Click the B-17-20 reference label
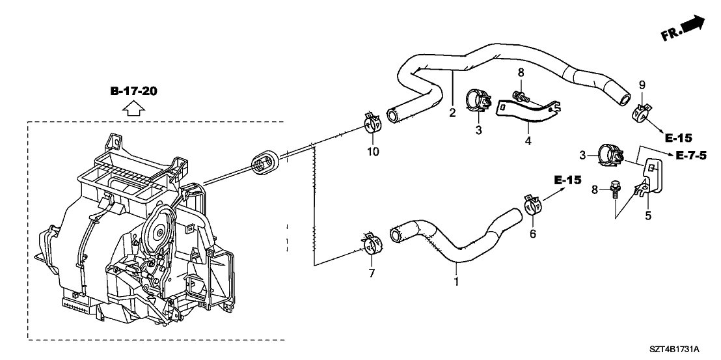[x=133, y=91]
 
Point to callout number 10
[x=372, y=152]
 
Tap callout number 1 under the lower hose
[x=456, y=283]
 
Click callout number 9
[x=642, y=84]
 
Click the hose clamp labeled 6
[x=531, y=205]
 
